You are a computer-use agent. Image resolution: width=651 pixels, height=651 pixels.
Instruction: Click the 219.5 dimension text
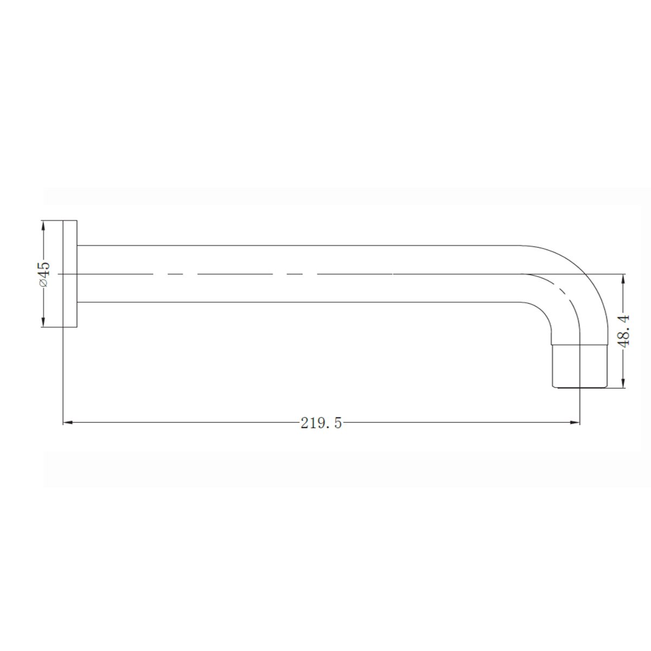321,423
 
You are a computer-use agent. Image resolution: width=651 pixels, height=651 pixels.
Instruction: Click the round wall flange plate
71,274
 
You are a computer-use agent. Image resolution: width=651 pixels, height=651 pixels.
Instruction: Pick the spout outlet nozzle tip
579,366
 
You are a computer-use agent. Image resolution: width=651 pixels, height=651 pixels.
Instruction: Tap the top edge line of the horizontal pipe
298,246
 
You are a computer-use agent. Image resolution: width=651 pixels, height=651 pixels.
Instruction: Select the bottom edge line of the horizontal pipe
298,302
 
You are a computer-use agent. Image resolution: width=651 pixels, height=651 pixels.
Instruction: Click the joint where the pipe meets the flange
78,274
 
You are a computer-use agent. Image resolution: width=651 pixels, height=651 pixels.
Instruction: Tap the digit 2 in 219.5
304,423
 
